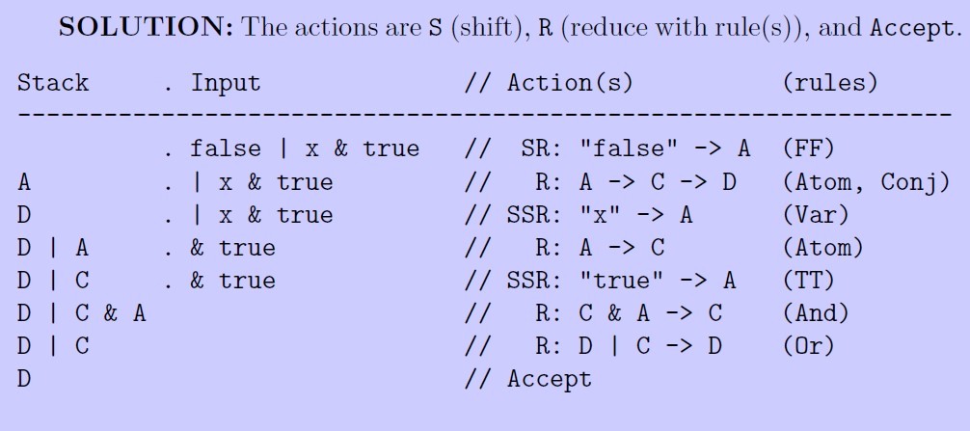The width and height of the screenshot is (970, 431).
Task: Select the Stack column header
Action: click(52, 83)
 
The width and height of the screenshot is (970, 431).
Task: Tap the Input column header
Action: click(226, 83)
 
